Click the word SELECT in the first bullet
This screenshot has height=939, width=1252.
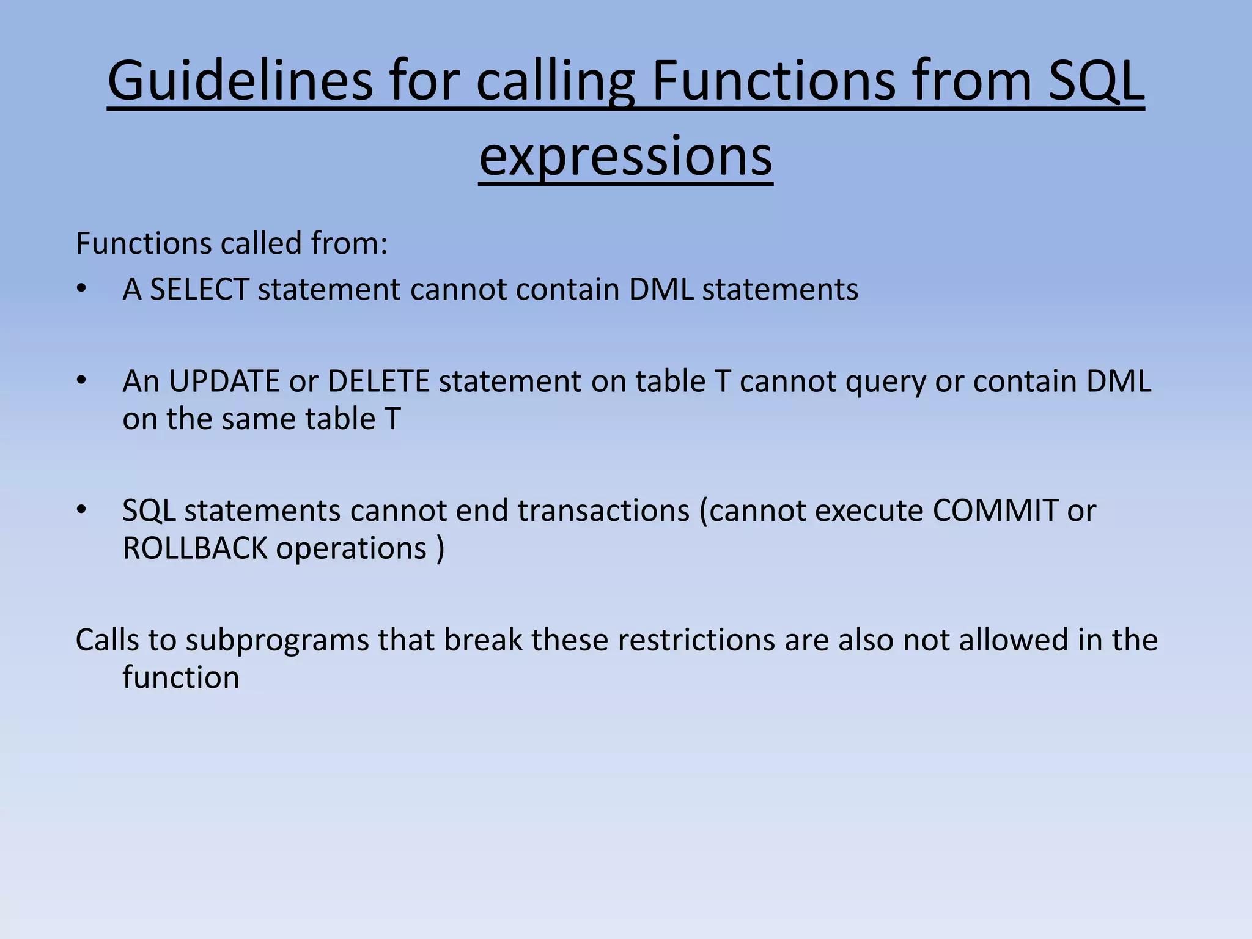tap(199, 289)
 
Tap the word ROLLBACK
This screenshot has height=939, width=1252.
tap(195, 548)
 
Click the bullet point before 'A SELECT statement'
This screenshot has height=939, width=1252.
tap(81, 290)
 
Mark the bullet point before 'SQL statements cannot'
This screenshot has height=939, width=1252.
tap(81, 510)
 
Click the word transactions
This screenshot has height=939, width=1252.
tap(603, 510)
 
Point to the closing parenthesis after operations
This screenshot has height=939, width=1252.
tap(441, 548)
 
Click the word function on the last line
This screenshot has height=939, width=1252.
tap(181, 678)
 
